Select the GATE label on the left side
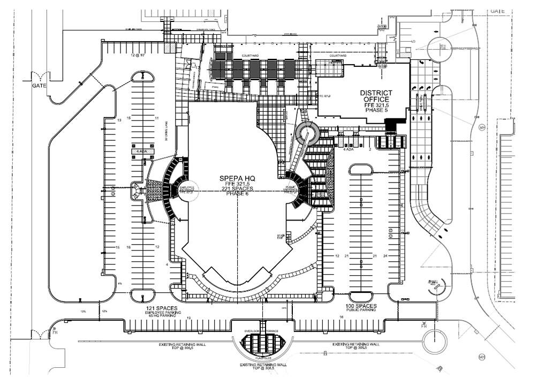click(x=39, y=86)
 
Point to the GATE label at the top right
click(x=498, y=11)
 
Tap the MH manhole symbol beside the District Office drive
click(x=482, y=127)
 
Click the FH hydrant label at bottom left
click(x=54, y=333)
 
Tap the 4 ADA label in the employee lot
click(x=142, y=151)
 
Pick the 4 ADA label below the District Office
click(x=349, y=149)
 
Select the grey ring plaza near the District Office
click(x=307, y=132)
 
